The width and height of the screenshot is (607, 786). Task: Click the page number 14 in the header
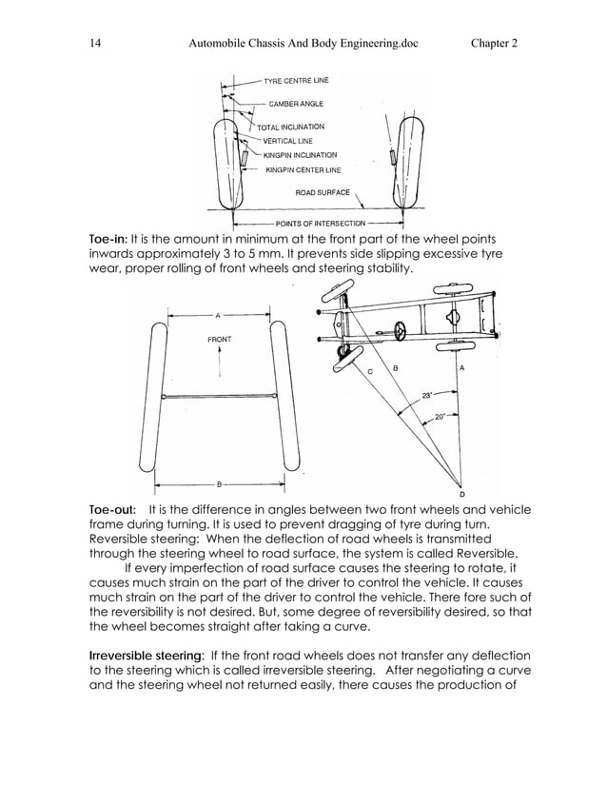pyautogui.click(x=95, y=43)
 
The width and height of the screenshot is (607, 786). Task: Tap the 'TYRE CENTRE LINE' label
pyautogui.click(x=289, y=80)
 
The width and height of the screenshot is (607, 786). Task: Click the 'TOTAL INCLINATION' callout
pyautogui.click(x=290, y=127)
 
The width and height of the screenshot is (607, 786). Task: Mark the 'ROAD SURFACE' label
pyautogui.click(x=323, y=192)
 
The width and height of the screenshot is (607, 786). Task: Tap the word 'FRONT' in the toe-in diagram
pyautogui.click(x=219, y=339)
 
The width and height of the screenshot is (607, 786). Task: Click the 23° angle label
pyautogui.click(x=430, y=394)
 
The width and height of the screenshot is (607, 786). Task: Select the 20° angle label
pyautogui.click(x=440, y=417)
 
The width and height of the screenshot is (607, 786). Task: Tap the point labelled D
pyautogui.click(x=462, y=494)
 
